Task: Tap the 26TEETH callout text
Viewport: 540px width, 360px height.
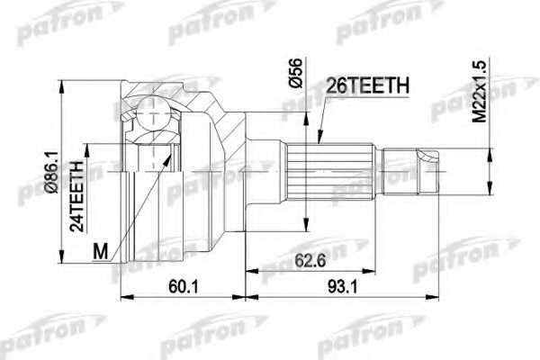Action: click(369, 85)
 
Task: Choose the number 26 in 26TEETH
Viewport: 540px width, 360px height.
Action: click(338, 85)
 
